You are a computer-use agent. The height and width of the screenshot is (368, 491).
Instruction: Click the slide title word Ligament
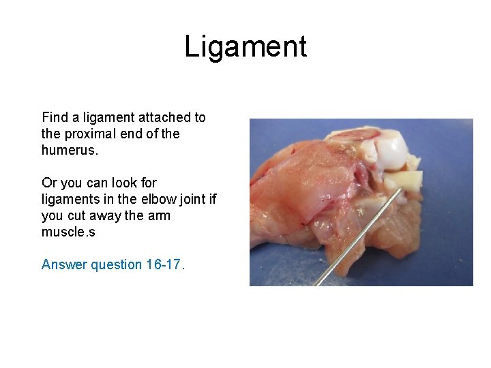tap(245, 47)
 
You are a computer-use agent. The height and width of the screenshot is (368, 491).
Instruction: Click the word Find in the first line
tap(55, 117)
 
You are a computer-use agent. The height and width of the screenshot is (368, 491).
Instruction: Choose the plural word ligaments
tap(71, 199)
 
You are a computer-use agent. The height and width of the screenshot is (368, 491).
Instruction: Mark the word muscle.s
tap(68, 232)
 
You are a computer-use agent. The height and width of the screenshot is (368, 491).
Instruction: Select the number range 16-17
tap(165, 264)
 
